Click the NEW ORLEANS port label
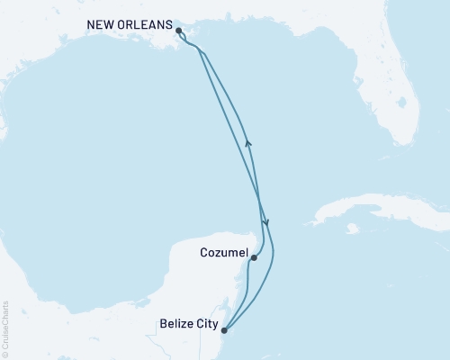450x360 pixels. click(x=132, y=25)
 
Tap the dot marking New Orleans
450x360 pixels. click(x=179, y=31)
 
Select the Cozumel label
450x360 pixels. click(x=221, y=257)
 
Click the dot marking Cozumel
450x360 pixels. click(x=255, y=258)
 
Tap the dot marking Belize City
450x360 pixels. click(x=224, y=330)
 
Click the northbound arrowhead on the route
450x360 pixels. click(x=248, y=141)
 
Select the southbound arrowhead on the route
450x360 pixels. click(x=265, y=221)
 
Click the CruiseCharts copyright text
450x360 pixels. click(x=5, y=328)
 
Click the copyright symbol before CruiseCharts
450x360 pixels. click(x=5, y=355)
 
